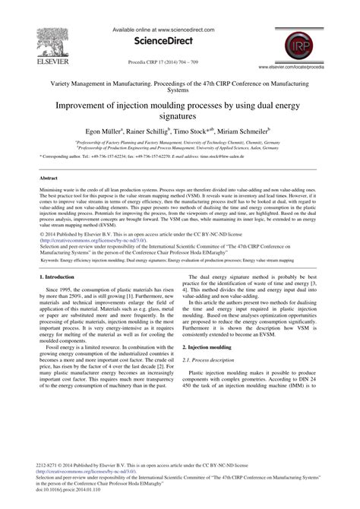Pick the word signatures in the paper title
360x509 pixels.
coord(179,119)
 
